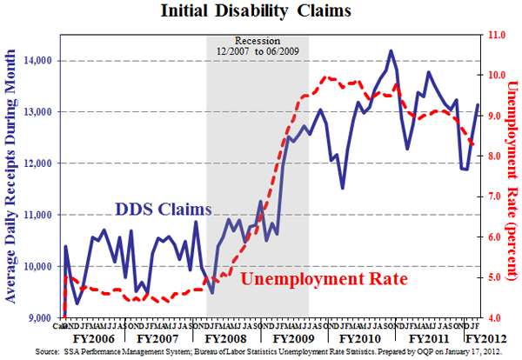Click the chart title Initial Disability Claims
260,12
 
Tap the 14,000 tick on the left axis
37,61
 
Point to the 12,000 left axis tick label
37,163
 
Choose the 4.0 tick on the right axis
497,317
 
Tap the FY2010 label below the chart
352,336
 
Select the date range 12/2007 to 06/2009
257,51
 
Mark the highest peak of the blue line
391,51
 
